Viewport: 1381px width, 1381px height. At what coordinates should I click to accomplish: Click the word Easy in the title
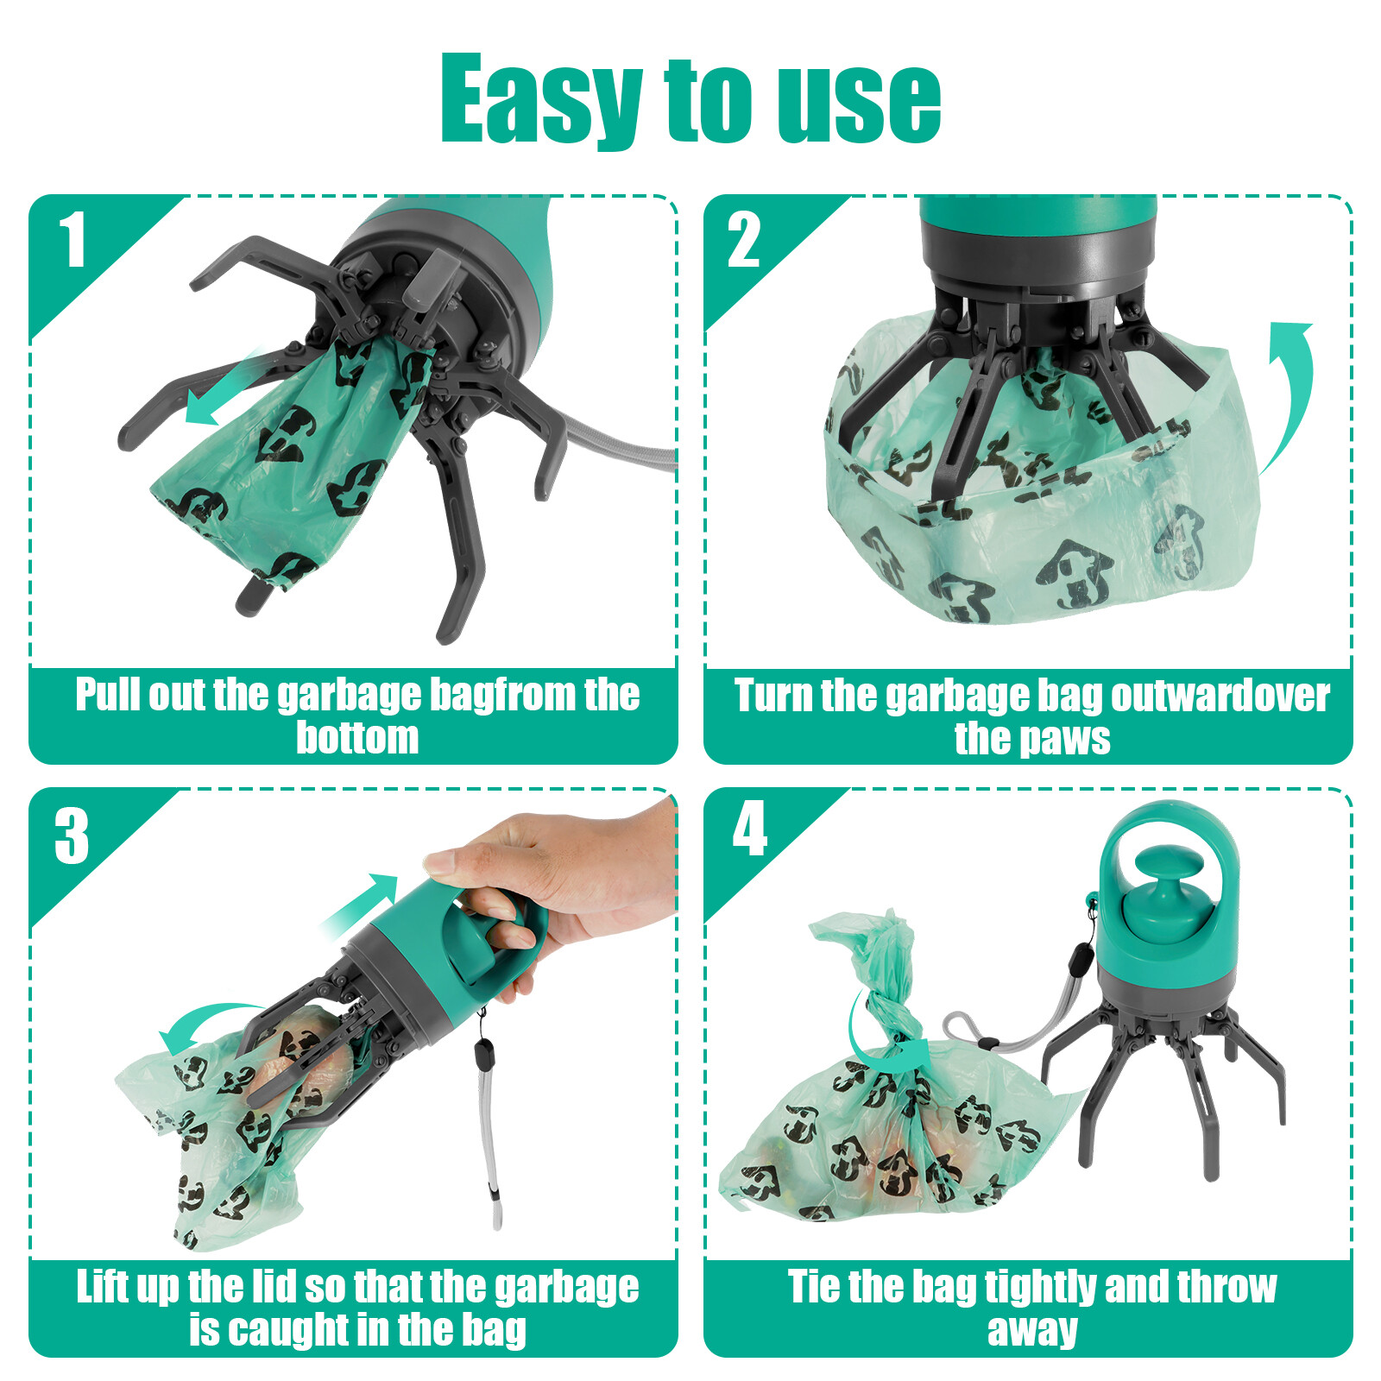click(x=539, y=99)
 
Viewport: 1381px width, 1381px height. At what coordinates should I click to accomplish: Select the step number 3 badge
click(x=72, y=836)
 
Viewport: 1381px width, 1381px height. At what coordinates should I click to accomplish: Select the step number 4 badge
click(x=749, y=829)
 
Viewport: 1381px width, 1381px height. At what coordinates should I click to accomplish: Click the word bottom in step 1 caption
click(x=357, y=738)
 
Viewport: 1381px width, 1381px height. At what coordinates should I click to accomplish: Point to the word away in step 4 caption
click(x=1032, y=1330)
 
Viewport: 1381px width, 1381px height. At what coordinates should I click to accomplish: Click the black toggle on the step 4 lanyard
click(x=1080, y=957)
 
